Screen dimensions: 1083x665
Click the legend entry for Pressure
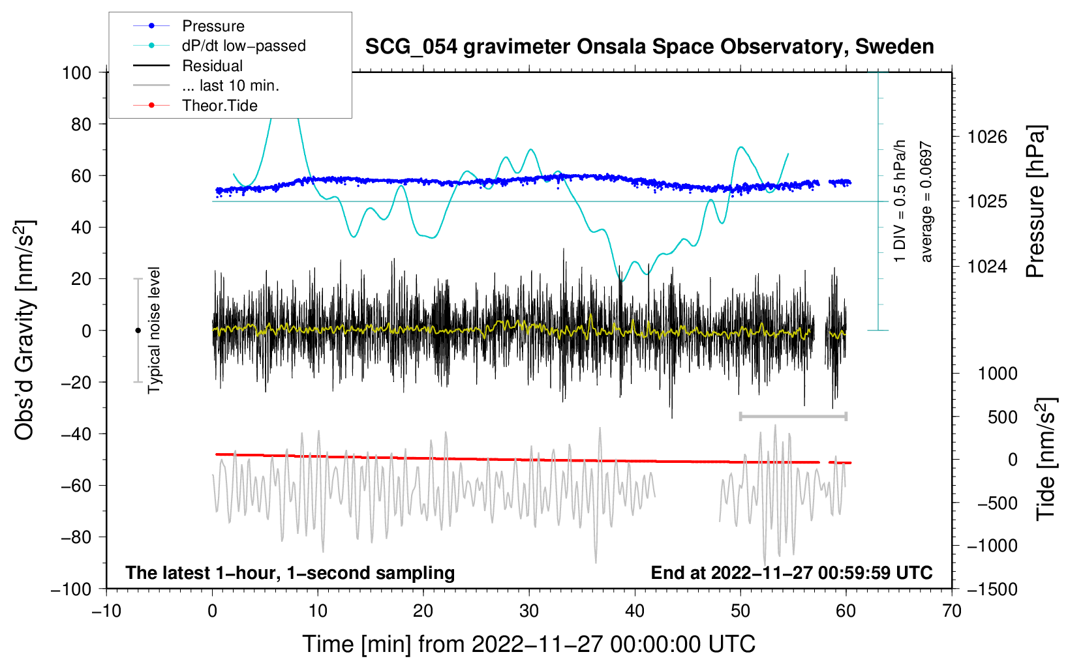[x=189, y=25]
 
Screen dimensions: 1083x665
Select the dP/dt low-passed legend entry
[x=219, y=46]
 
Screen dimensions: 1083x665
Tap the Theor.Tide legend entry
[x=195, y=106]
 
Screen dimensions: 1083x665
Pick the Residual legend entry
[x=188, y=66]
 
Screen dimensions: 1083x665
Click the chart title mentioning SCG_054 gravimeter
[x=649, y=47]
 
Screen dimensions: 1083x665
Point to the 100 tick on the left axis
[x=77, y=73]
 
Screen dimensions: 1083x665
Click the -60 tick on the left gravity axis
[x=76, y=485]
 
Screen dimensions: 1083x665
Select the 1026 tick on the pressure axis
[x=987, y=138]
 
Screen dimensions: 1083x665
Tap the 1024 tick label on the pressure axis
[x=987, y=266]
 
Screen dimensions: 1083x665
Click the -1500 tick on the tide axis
[x=992, y=589]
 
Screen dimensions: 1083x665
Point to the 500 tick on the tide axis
[x=1003, y=417]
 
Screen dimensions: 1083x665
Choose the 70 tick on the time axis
[x=951, y=611]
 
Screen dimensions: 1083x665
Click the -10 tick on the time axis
[x=106, y=611]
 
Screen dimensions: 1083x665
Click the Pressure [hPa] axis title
[x=1035, y=201]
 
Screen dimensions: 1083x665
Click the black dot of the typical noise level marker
[x=138, y=331]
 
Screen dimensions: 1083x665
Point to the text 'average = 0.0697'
[x=926, y=201]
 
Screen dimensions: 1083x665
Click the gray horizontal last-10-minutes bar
[x=793, y=416]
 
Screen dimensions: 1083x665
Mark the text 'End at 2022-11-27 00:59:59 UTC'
[x=791, y=572]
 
